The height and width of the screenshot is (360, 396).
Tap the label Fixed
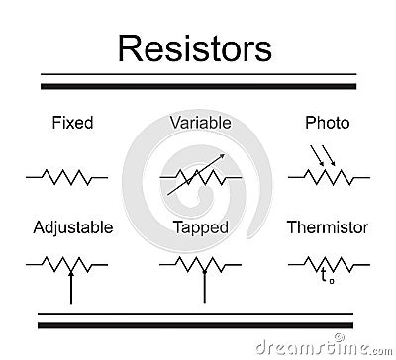point(71,124)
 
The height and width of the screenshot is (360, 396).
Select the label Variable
point(200,123)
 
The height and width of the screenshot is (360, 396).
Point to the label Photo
point(327,124)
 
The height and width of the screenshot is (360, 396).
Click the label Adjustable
point(72,227)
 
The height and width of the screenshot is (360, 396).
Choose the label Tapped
point(200,227)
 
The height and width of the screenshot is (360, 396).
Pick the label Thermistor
point(327,227)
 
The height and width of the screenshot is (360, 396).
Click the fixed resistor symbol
point(67,177)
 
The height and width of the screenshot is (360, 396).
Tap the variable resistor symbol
point(200,178)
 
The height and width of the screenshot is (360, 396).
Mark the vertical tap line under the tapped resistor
point(204,286)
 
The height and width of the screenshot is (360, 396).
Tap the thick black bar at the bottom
point(197,323)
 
